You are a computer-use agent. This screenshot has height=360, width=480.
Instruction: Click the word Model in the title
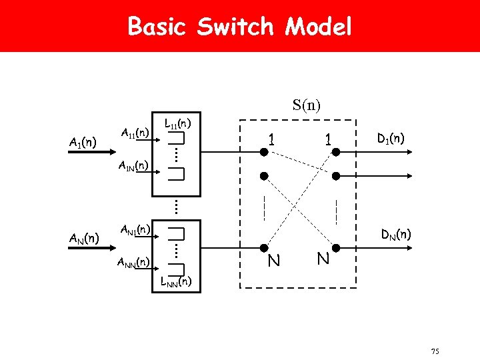[x=318, y=27]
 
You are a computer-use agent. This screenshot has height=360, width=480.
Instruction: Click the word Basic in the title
[x=158, y=27]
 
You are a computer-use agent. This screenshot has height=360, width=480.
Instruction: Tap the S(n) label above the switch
[x=306, y=105]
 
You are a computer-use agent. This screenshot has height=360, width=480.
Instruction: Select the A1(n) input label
[x=83, y=142]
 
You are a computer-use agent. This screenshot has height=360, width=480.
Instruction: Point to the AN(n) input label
[x=85, y=238]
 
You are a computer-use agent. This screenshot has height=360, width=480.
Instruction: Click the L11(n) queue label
[x=178, y=123]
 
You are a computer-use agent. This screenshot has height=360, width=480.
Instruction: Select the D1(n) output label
[x=390, y=139]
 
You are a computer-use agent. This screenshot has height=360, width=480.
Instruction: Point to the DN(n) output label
[x=395, y=234]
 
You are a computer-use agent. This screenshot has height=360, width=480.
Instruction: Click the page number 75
[x=435, y=351]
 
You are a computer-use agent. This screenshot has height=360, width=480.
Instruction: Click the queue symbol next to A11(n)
[x=176, y=139]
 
